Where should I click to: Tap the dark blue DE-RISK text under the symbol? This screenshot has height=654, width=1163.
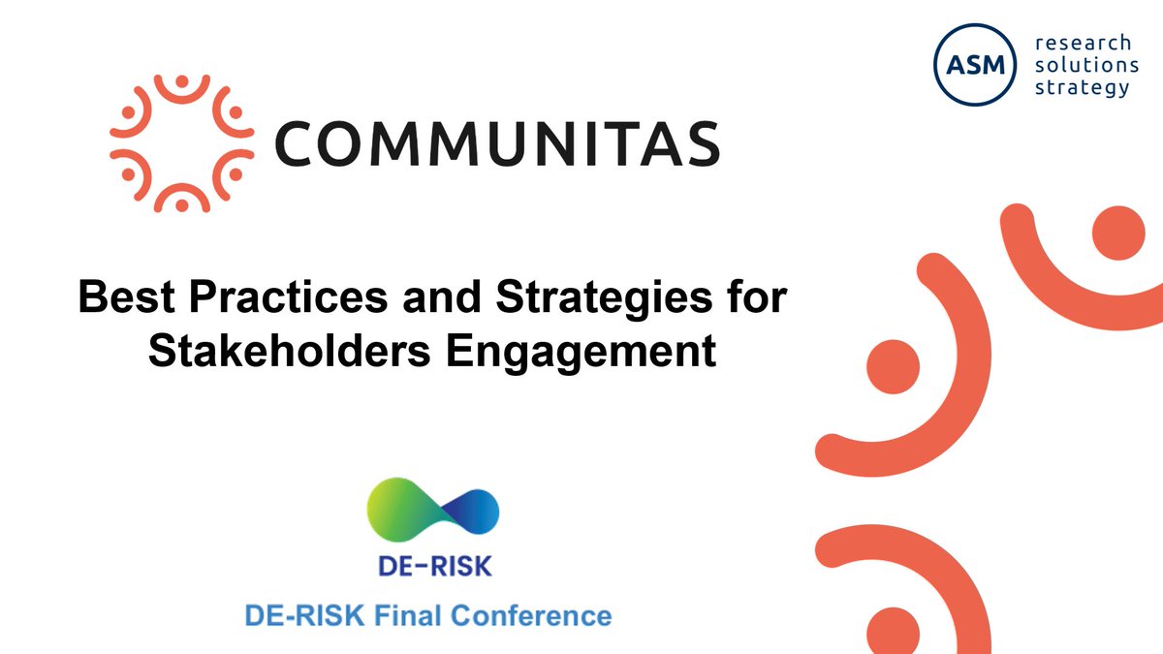(432, 565)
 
